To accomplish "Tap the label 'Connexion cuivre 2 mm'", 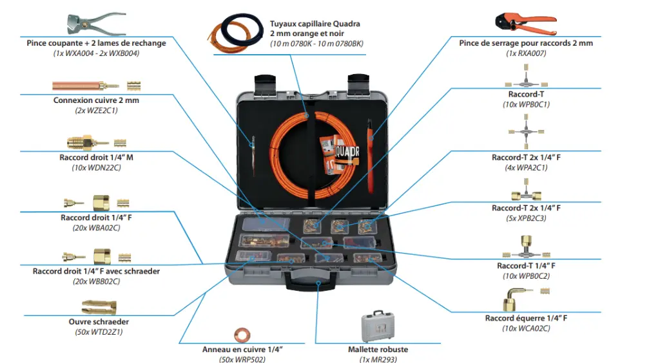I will (96, 100).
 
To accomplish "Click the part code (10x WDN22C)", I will (96, 168).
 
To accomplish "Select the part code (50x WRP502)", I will (242, 359).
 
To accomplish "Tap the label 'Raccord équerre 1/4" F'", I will (526, 318).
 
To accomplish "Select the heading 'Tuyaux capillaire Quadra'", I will (315, 24).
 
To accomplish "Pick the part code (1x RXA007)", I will (526, 53).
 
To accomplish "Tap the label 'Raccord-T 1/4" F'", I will (526, 266).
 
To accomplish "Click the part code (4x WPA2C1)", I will (526, 167).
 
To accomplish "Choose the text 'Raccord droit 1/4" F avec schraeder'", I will (96, 271).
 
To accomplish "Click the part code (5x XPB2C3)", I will (526, 218).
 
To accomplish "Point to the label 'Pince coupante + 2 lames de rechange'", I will (96, 43).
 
